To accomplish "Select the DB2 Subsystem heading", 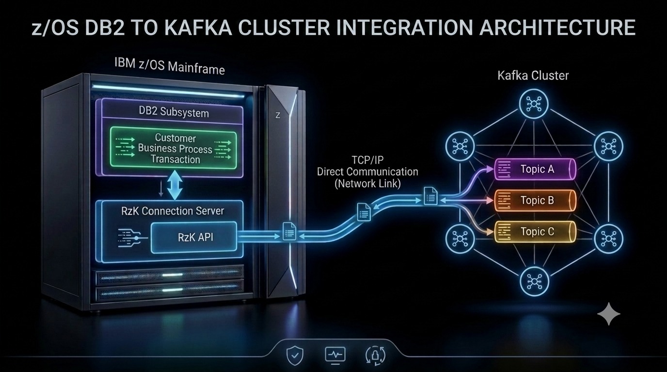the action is point(174,112).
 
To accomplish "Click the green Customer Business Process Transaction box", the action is point(174,148).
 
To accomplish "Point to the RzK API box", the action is point(194,237).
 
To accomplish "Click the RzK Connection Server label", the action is point(173,211).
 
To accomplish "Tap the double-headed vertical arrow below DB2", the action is point(175,185).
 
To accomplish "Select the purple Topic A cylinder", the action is point(535,169).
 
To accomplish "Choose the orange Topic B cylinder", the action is point(535,200).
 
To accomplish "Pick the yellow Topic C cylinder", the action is point(535,232).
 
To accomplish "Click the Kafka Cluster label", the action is point(533,75).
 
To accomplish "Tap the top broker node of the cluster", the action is point(534,104).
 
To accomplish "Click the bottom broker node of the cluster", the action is point(534,281).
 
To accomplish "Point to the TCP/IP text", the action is point(368,160).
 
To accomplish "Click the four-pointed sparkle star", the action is point(609,314).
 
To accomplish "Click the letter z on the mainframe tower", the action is point(278,115).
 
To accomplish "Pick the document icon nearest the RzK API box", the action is point(289,231).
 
